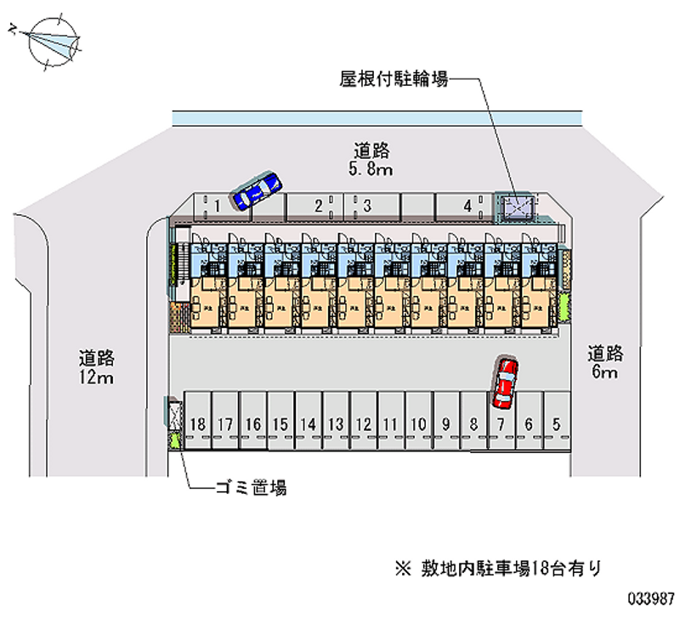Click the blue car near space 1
coord(257,191)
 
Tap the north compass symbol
coord(52,37)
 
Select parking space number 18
coord(198,422)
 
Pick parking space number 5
coord(556,422)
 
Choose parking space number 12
coord(364,422)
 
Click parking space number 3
coord(367,205)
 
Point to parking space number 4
coord(467,205)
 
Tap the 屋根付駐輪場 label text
coord(394,79)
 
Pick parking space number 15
coord(280,422)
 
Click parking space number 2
coord(318,205)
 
